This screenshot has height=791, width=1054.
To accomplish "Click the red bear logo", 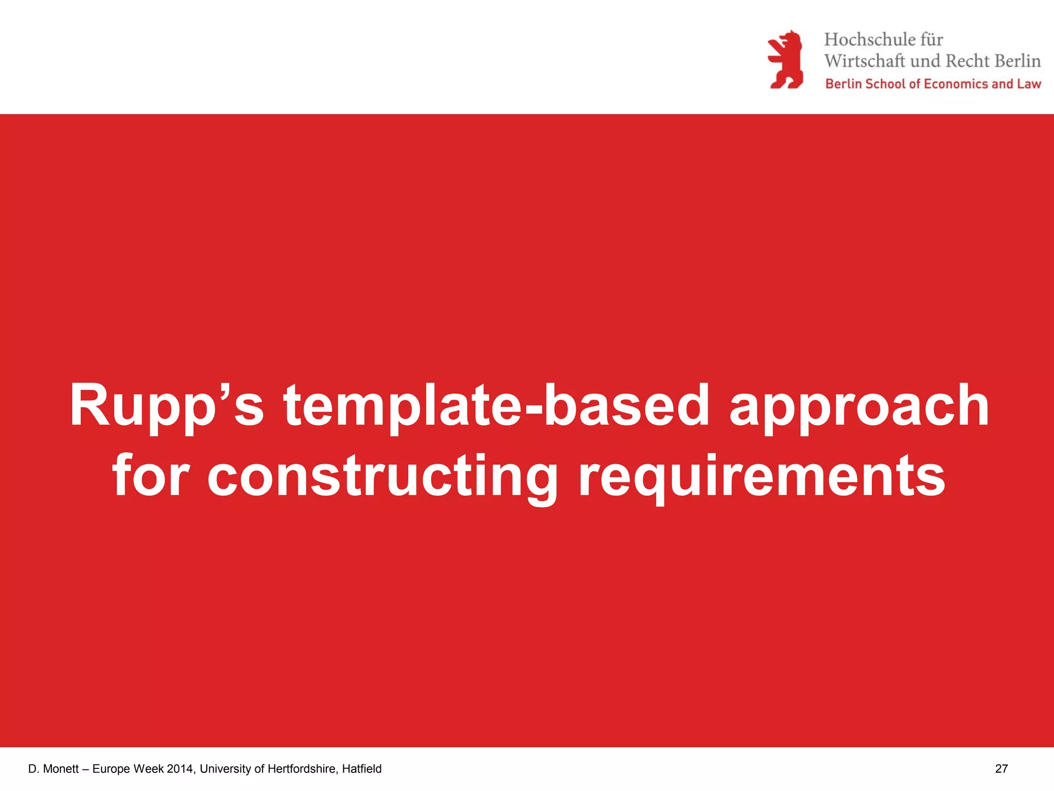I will (x=785, y=59).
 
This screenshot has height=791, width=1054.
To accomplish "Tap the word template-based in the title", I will (x=496, y=406).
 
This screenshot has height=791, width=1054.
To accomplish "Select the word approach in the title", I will (x=859, y=406).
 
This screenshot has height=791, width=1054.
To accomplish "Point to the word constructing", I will (x=382, y=476).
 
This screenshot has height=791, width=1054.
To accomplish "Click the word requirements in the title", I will (x=762, y=476).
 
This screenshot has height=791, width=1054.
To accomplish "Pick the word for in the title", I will (x=151, y=476).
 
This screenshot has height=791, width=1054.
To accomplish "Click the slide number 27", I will (x=1001, y=769).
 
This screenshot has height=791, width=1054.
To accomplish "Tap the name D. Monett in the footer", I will (x=53, y=769).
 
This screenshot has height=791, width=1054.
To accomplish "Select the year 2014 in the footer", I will (x=181, y=769).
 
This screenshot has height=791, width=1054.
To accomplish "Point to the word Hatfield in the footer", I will (x=362, y=769).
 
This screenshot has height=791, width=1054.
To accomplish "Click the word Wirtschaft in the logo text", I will (x=865, y=61).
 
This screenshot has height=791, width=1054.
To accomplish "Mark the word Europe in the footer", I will (x=111, y=769).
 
